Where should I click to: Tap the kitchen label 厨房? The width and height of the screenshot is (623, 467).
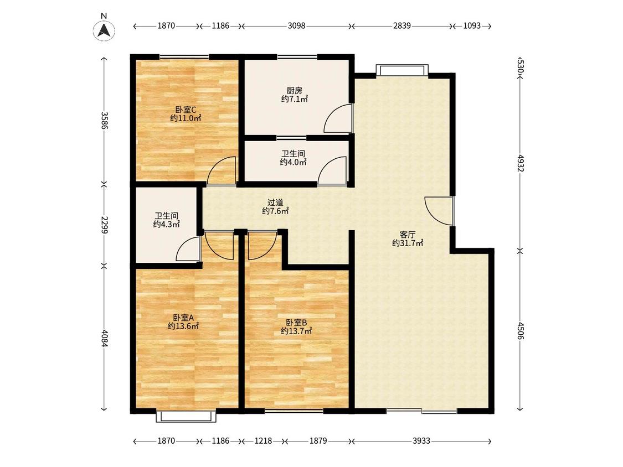pos(295,91)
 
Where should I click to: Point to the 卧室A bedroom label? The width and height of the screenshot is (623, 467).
pos(183,318)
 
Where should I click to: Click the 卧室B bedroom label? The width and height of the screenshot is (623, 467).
pos(296,323)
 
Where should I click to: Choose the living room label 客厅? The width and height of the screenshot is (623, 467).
pos(407,235)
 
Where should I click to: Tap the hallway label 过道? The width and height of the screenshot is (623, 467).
pos(275,203)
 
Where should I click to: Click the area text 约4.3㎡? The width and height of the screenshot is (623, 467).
pos(167,224)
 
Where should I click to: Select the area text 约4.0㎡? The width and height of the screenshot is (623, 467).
pos(293,162)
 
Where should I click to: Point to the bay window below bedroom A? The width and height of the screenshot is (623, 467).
pos(186,416)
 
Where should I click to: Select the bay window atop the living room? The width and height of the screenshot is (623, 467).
pos(402,70)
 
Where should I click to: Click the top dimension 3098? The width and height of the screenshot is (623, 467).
pos(296,26)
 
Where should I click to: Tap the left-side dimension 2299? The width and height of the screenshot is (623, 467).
pos(105,225)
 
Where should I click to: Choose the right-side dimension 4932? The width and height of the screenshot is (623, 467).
pos(521,163)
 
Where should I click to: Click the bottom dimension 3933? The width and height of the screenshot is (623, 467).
pos(421,441)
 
